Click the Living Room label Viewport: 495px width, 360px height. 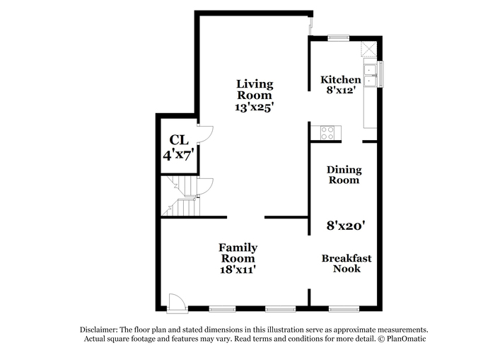coord(255,89)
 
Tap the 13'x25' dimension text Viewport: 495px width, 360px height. coord(254,107)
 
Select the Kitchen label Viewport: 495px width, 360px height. coord(341,80)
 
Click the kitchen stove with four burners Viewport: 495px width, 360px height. coord(327,133)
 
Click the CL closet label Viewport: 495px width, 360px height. coord(179,139)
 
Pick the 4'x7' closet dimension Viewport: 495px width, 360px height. coord(178,155)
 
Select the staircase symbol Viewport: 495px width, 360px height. coord(180,196)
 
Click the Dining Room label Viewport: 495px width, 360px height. coord(344,175)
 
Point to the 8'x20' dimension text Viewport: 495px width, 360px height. coord(346,226)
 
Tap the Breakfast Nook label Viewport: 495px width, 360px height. coord(346,263)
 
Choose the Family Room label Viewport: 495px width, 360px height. coord(238,252)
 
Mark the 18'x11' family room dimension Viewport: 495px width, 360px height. coord(238,269)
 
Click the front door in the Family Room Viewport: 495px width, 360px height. coord(177,303)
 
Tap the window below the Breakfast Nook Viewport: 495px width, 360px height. coord(344,309)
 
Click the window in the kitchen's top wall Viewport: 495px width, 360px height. coord(339,38)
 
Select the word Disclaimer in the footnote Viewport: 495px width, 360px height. coord(99,330)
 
